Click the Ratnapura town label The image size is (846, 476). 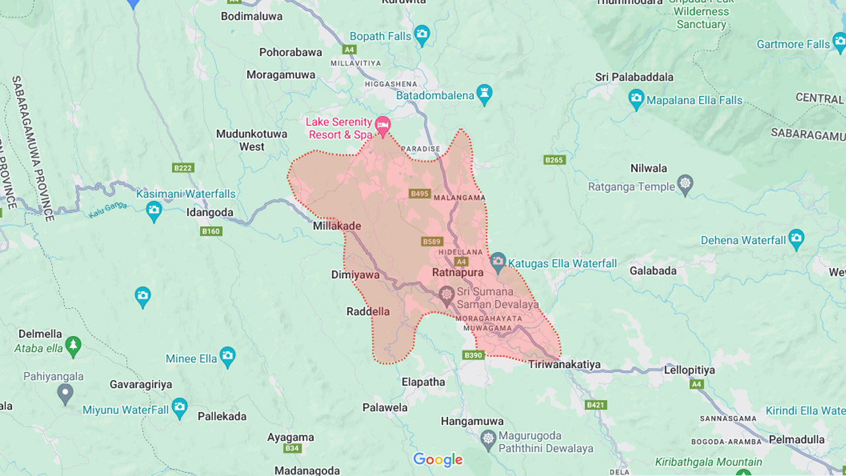[x=457, y=272]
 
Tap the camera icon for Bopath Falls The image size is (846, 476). [x=422, y=34]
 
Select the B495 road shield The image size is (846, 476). [x=420, y=194]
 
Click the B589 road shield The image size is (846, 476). [x=432, y=241]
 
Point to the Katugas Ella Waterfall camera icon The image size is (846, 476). [x=498, y=261]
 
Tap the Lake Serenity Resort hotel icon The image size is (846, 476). [x=382, y=124]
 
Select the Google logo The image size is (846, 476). [x=438, y=459]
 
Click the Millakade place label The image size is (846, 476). [x=337, y=226]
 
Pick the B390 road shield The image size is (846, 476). [x=473, y=355]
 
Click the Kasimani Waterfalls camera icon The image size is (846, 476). [x=154, y=211]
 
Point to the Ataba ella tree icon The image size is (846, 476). [x=73, y=344]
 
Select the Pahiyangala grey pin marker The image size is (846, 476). [x=65, y=394]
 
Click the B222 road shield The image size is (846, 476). [x=183, y=168]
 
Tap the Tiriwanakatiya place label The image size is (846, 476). [x=564, y=364]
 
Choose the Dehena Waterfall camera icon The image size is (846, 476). [x=796, y=238]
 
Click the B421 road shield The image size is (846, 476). [x=596, y=405]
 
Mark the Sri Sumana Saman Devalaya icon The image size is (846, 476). [x=447, y=295]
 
